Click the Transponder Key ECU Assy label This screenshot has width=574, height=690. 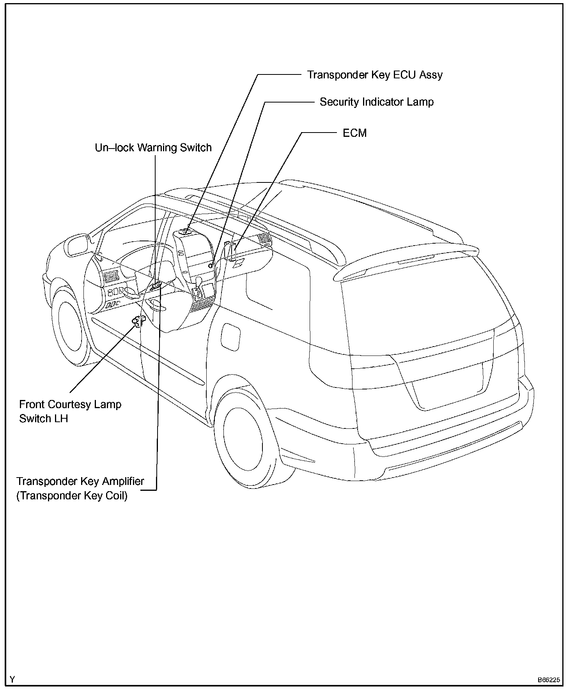[374, 75]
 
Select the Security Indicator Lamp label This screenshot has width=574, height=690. [376, 102]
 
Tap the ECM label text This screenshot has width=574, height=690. [354, 133]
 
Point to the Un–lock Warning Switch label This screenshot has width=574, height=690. [153, 148]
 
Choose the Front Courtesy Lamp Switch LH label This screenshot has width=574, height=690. [70, 411]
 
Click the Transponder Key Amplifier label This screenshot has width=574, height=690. [80, 481]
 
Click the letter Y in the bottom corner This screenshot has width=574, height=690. [12, 680]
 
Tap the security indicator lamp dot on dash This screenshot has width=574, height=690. [211, 265]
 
